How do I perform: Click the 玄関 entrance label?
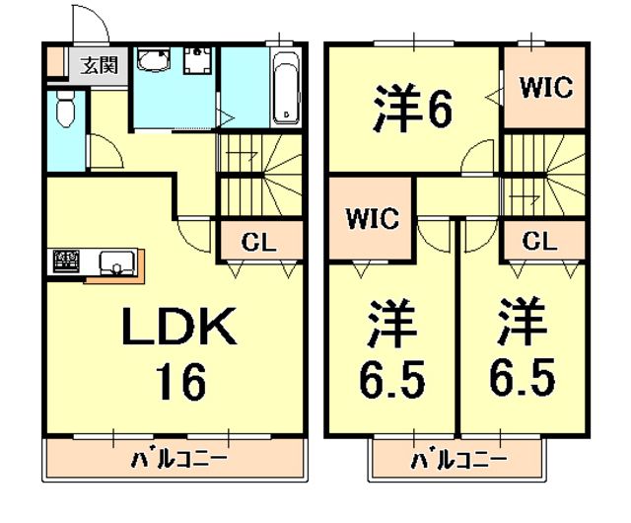(x=97, y=66)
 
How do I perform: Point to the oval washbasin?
(x=154, y=64)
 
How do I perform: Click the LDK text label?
(x=178, y=327)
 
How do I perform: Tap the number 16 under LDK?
(x=178, y=379)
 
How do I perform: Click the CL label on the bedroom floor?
(x=539, y=240)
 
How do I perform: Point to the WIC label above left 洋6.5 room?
(x=371, y=217)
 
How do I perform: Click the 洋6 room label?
(x=412, y=109)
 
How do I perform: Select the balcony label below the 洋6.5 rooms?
(x=457, y=459)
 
